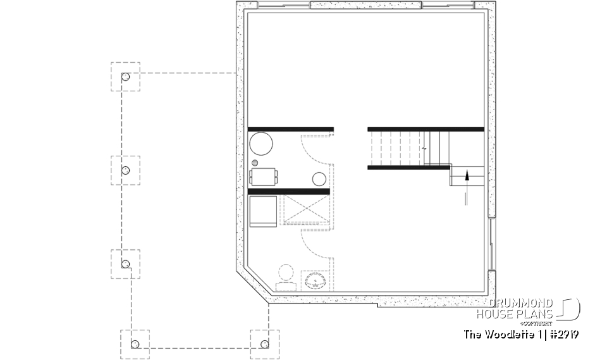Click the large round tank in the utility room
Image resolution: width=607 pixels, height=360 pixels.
[x=261, y=144]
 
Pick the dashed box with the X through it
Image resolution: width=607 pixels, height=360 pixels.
[x=305, y=211]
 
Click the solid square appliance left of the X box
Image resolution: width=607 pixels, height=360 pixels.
[x=263, y=211]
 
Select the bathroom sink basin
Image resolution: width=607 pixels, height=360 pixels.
[x=314, y=280]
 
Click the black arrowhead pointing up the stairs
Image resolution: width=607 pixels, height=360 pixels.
[x=467, y=175]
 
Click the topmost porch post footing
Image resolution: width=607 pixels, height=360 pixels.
[x=125, y=77]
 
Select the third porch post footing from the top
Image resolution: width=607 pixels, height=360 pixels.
[x=125, y=263]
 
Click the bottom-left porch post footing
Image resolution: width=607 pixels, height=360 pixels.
[x=135, y=344]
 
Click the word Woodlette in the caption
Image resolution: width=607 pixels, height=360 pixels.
[x=504, y=333]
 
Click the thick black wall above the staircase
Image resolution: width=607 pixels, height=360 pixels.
[x=426, y=129]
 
